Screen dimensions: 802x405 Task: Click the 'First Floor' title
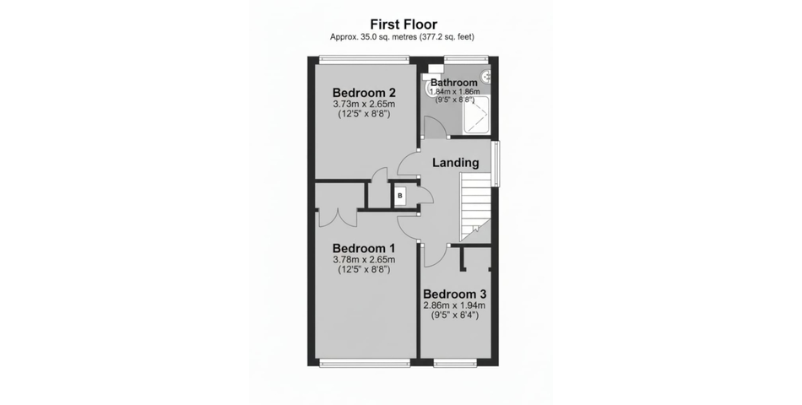tap(404, 24)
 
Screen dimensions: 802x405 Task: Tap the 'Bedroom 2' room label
tap(364, 93)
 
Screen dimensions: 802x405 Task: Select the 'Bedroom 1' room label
tap(364, 248)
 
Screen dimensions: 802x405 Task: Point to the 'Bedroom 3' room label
tap(454, 294)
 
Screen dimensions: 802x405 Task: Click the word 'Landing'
tap(456, 163)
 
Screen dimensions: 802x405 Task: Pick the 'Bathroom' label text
tap(454, 83)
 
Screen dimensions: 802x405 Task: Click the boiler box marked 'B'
tap(400, 196)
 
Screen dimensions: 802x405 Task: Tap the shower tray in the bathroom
tap(476, 115)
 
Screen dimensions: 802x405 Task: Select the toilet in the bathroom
tap(429, 85)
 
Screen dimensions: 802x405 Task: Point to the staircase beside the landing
tap(475, 207)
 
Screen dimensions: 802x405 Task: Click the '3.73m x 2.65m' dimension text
tap(364, 105)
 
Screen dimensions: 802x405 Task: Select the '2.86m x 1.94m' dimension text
tap(454, 305)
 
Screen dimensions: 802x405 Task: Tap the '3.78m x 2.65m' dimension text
tap(364, 260)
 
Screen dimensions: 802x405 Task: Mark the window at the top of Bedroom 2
tap(364, 59)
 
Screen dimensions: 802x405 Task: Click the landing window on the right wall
tap(496, 165)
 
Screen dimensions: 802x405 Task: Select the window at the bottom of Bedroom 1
tap(366, 363)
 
